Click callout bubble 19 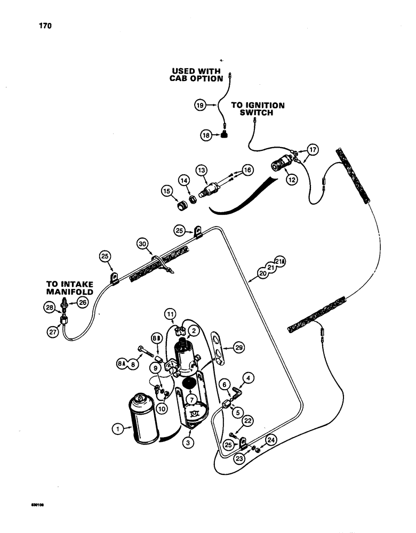(x=199, y=107)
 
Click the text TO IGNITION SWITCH (x=257, y=109)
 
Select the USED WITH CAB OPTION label (x=197, y=74)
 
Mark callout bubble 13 (x=201, y=169)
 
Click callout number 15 (x=167, y=190)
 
